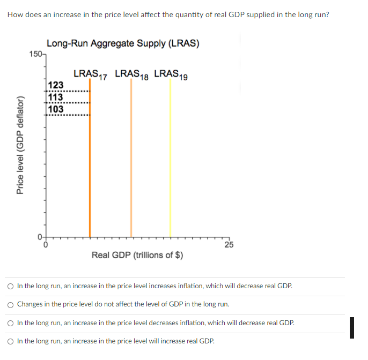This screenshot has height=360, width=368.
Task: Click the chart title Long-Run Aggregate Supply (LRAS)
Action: [123, 43]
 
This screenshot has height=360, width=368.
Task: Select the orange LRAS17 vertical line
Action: [90, 161]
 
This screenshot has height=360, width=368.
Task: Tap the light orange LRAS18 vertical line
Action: [131, 161]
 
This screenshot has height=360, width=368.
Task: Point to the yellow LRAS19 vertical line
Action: [171, 161]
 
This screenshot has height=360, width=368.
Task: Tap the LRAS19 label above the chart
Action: [170, 74]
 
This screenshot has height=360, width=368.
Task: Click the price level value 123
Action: [55, 85]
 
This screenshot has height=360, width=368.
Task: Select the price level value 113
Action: [55, 97]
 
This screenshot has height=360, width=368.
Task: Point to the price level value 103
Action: [55, 109]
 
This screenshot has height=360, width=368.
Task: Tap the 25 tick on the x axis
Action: [229, 245]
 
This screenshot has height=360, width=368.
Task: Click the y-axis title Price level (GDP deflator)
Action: [20, 145]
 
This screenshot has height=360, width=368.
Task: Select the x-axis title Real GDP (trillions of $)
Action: [137, 255]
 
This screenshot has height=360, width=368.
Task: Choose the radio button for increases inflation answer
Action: [11, 286]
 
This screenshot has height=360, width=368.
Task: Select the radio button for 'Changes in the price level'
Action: [11, 304]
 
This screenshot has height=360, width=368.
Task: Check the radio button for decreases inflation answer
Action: [11, 323]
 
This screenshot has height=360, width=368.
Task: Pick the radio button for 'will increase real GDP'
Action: [11, 341]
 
